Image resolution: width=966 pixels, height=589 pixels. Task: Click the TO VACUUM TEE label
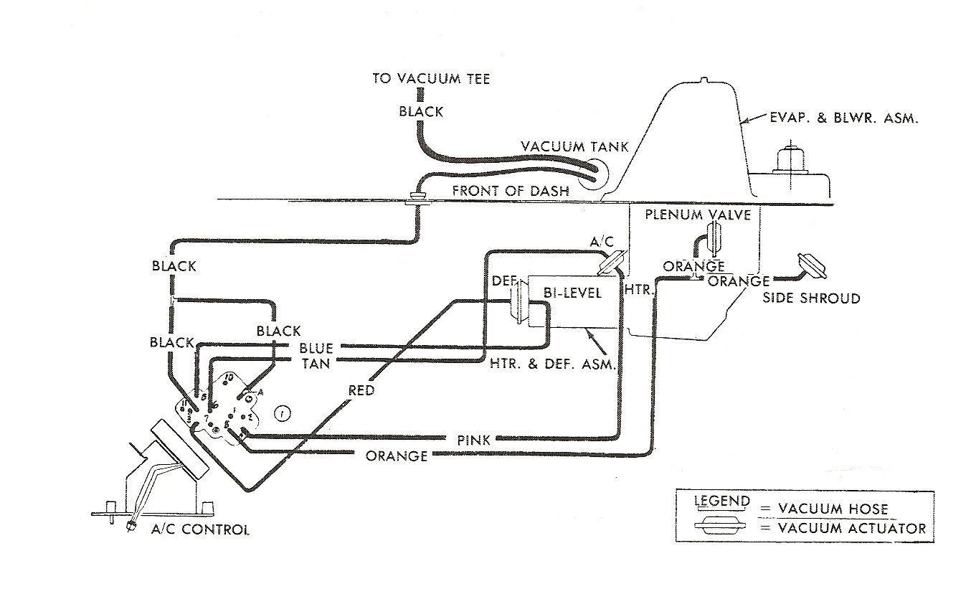point(430,79)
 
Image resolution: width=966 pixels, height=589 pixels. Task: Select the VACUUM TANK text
point(574,146)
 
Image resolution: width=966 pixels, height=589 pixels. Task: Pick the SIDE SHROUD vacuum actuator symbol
point(810,265)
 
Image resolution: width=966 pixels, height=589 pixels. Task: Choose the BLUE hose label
point(316,349)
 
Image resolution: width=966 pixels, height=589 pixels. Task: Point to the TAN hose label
point(316,364)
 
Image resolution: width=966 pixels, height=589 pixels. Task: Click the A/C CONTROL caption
point(200,530)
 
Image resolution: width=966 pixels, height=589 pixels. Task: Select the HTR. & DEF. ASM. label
point(554,364)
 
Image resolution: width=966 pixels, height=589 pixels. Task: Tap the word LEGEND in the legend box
point(721,501)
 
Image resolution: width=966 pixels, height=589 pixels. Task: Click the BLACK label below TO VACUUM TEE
point(421,112)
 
